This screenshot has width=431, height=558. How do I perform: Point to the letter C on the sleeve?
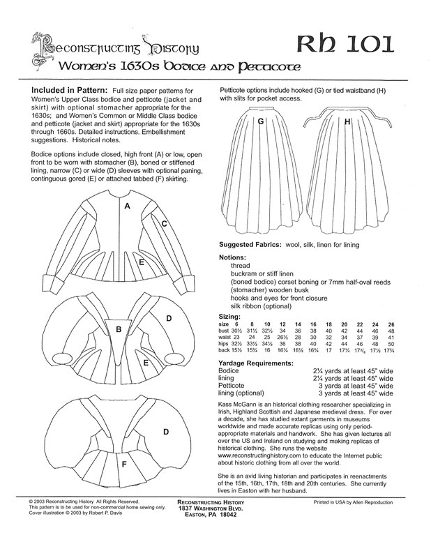pyautogui.click(x=164, y=224)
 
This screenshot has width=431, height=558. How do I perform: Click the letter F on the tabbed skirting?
pyautogui.click(x=124, y=464)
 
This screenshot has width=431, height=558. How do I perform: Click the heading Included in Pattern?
pyautogui.click(x=68, y=91)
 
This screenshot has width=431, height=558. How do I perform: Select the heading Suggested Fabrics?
pyautogui.click(x=254, y=244)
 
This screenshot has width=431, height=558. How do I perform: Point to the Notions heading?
pyautogui.click(x=236, y=257)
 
